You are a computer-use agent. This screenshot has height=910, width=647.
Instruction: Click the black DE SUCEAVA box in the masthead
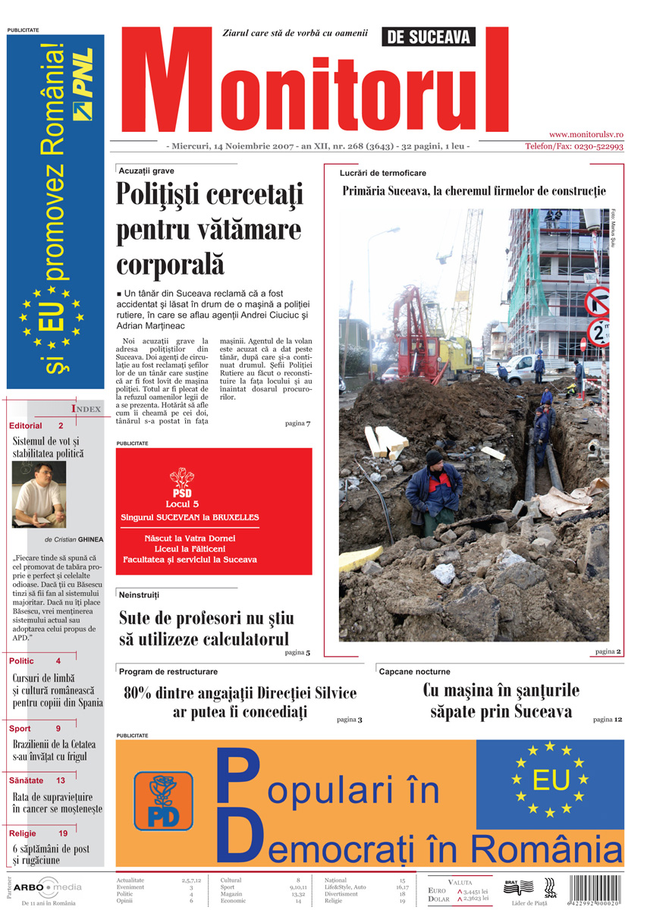(429, 36)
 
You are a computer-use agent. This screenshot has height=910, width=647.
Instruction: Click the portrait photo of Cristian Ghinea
(39, 494)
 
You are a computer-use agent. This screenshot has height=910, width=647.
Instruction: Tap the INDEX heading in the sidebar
(86, 409)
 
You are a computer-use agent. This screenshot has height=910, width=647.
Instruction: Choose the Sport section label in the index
(20, 729)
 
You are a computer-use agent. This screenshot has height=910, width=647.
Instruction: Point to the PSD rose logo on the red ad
(182, 477)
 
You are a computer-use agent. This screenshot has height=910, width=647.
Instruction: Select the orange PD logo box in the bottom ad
(163, 801)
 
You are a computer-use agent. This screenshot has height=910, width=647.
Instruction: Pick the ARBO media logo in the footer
(47, 886)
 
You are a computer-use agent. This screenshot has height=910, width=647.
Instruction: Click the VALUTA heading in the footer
(460, 882)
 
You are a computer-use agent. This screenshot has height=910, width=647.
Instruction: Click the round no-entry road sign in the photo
(598, 301)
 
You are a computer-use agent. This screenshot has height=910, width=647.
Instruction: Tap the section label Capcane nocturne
(414, 672)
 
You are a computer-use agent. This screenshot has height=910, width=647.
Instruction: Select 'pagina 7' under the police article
(298, 423)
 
